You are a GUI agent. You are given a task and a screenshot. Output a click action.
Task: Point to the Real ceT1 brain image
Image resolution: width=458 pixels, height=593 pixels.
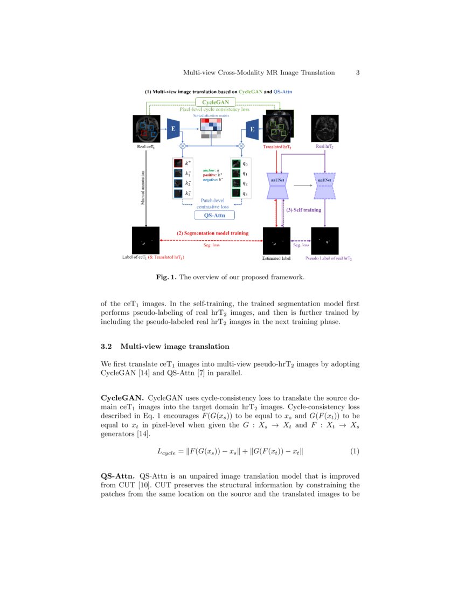click(146, 129)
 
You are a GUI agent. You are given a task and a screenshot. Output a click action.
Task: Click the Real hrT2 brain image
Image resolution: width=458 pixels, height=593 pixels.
click(325, 129)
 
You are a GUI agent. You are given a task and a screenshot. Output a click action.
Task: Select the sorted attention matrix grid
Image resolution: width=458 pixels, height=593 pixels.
click(211, 128)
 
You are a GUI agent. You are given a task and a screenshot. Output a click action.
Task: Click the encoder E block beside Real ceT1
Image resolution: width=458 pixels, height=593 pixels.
click(174, 129)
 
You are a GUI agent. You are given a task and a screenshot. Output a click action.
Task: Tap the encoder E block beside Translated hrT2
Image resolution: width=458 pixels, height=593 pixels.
click(251, 129)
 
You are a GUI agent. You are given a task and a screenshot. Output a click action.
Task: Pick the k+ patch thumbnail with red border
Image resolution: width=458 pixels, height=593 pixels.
click(178, 162)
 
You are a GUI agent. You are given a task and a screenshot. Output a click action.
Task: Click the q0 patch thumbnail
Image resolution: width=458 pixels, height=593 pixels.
click(235, 162)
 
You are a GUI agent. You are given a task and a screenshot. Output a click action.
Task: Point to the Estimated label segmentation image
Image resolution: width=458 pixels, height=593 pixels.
click(276, 240)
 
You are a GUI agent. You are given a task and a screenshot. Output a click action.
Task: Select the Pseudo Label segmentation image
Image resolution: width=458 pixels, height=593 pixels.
click(325, 240)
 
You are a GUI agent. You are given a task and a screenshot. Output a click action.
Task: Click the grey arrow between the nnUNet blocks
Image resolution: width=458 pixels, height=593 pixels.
click(302, 185)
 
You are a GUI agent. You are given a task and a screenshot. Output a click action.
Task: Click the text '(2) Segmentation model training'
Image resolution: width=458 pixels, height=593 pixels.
click(212, 233)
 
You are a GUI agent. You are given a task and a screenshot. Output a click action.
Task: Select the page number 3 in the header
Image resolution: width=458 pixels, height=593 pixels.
click(358, 72)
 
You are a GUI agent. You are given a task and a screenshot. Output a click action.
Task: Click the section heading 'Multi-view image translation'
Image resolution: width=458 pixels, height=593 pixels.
click(175, 346)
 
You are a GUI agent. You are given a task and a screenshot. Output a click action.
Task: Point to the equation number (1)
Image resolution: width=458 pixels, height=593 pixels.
click(355, 451)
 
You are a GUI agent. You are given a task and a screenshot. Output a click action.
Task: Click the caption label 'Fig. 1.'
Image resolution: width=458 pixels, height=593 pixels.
click(166, 277)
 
